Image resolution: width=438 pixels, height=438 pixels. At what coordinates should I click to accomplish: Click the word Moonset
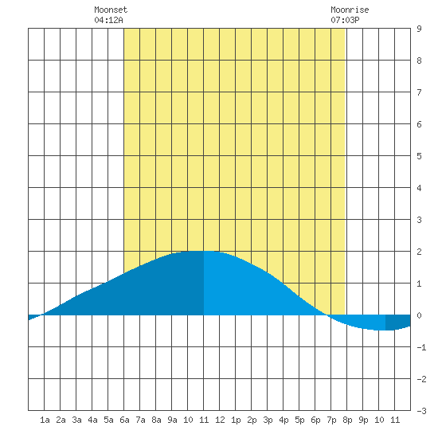click(x=111, y=10)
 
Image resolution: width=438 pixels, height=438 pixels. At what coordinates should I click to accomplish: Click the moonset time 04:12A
click(x=108, y=20)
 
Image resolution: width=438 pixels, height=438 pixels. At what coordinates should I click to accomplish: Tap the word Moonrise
click(x=350, y=10)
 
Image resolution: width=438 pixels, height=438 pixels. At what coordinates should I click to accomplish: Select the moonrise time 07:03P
click(x=345, y=20)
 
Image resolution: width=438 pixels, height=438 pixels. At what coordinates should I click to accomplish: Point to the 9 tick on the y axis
click(x=419, y=29)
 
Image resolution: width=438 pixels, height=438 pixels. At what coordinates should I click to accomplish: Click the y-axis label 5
click(x=419, y=156)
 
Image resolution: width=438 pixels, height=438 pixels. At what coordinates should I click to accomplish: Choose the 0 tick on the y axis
click(x=419, y=315)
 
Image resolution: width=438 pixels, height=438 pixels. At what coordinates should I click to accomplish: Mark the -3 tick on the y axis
click(x=421, y=411)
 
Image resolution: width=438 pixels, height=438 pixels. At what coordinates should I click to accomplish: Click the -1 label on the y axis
click(x=421, y=347)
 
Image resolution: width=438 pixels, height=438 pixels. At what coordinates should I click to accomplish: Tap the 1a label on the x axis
click(x=45, y=420)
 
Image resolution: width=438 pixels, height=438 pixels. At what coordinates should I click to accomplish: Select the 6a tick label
click(x=124, y=420)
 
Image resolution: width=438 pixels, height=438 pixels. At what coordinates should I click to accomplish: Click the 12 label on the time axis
click(x=220, y=420)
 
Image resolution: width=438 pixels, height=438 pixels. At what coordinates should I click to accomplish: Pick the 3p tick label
click(x=268, y=420)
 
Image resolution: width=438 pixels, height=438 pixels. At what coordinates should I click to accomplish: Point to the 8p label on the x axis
click(x=347, y=420)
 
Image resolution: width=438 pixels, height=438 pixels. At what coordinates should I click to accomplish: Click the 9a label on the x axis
click(x=172, y=420)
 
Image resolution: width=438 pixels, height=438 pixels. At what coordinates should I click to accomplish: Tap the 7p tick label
click(x=331, y=420)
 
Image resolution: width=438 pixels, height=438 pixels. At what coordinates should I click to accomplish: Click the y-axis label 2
click(x=419, y=252)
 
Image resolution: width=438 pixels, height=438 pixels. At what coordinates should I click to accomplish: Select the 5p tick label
click(x=299, y=420)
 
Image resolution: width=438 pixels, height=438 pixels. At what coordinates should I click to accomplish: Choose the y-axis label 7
click(x=419, y=92)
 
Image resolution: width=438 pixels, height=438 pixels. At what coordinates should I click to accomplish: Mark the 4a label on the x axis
click(x=92, y=420)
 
